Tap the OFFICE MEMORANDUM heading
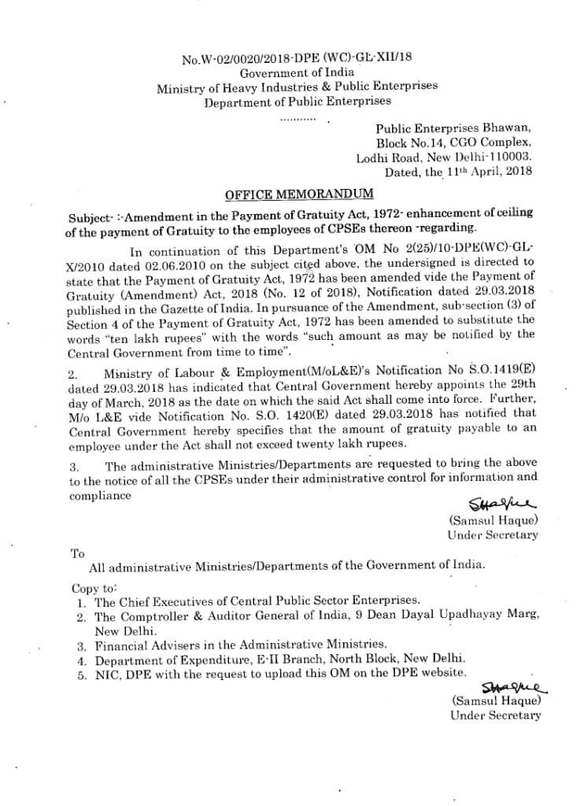pos(299,194)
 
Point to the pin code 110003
pos(511,157)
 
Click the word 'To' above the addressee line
pos(77,553)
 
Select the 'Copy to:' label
pos(94,587)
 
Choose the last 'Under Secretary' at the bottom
pos(496,715)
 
